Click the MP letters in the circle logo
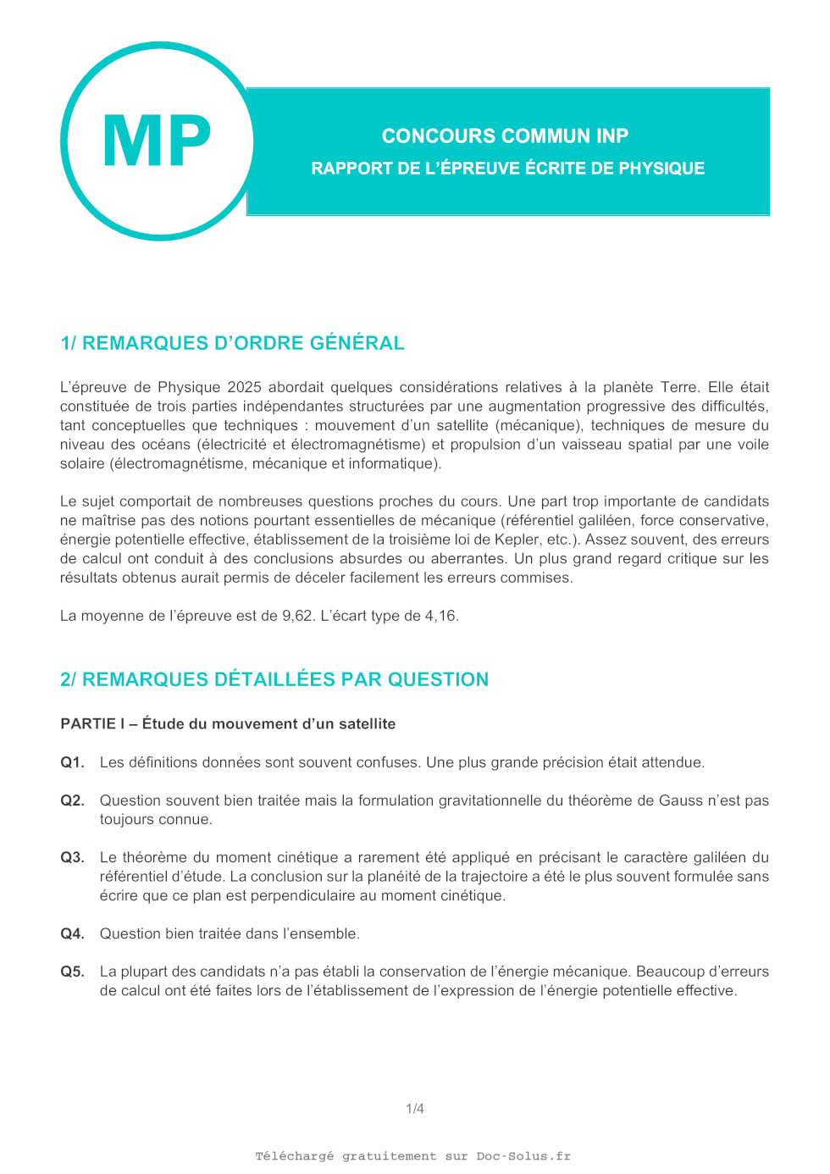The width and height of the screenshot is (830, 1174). point(157,141)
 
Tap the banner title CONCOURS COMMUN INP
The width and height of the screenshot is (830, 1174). point(505,136)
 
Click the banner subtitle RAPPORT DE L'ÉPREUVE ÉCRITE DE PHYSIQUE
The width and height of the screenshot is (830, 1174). point(507,168)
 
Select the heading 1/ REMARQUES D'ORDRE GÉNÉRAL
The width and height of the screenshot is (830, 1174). point(232,343)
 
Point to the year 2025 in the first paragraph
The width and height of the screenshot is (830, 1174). point(244,387)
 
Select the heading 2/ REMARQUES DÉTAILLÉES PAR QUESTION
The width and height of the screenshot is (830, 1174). point(274,679)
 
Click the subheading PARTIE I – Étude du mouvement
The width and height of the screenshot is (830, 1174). point(228,723)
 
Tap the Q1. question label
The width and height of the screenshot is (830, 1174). point(72,762)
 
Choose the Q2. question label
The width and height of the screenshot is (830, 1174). point(72,800)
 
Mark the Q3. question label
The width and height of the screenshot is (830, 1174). point(72,857)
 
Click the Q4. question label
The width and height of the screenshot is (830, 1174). point(72,933)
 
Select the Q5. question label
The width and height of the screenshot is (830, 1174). point(72,972)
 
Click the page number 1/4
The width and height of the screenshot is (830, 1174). point(415,1109)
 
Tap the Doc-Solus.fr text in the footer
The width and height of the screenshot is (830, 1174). point(523,1156)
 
